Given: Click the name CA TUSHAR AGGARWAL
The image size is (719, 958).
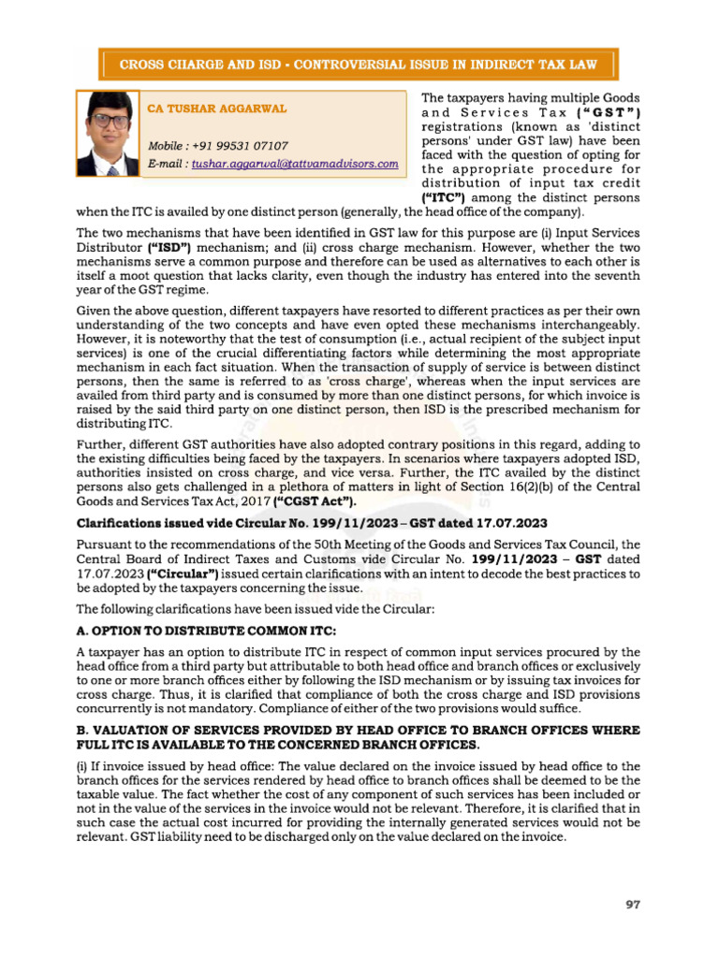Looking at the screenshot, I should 217,109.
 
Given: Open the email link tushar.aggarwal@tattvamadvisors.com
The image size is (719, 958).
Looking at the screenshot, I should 295,163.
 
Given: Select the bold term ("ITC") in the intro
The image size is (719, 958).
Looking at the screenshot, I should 445,198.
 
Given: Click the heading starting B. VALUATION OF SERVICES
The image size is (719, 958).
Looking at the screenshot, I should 358,730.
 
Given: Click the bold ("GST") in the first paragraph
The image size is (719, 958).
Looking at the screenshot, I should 600,112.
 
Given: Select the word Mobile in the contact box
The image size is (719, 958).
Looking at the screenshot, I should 169,146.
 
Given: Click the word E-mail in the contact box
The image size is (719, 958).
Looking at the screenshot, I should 167,163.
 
